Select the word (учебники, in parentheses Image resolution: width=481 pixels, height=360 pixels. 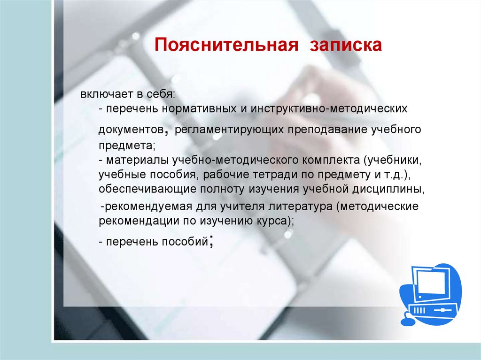tap(393, 160)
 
